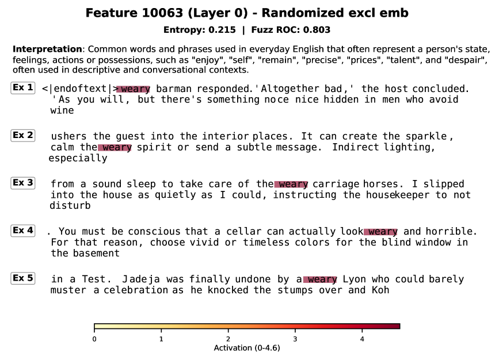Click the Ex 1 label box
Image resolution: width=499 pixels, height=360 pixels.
[x=23, y=88]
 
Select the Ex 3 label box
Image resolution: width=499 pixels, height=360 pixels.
[x=23, y=183]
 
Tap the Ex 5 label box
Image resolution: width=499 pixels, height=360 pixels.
[x=23, y=278]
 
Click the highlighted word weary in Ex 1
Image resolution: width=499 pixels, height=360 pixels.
[x=134, y=89]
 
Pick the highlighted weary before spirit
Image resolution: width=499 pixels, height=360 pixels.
[x=115, y=148]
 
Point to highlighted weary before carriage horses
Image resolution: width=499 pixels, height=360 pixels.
[x=291, y=185]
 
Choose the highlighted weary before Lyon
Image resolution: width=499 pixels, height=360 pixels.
[x=320, y=279]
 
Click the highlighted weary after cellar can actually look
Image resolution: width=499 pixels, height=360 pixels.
[x=380, y=232]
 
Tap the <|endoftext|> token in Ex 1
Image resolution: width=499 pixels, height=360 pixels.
[x=80, y=89]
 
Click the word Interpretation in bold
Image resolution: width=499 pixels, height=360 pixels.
[x=47, y=49]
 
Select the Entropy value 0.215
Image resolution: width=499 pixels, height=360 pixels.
[x=222, y=30]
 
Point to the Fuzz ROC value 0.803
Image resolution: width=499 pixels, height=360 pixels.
[x=317, y=30]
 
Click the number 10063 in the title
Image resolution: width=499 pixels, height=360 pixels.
[x=163, y=13]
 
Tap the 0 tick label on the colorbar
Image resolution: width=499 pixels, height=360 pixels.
[x=94, y=339]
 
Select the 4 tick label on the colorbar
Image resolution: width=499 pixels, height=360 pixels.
[x=362, y=339]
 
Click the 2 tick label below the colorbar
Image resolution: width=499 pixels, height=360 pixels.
[x=228, y=339]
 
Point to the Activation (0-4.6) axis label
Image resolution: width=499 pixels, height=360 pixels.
[x=247, y=348]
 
